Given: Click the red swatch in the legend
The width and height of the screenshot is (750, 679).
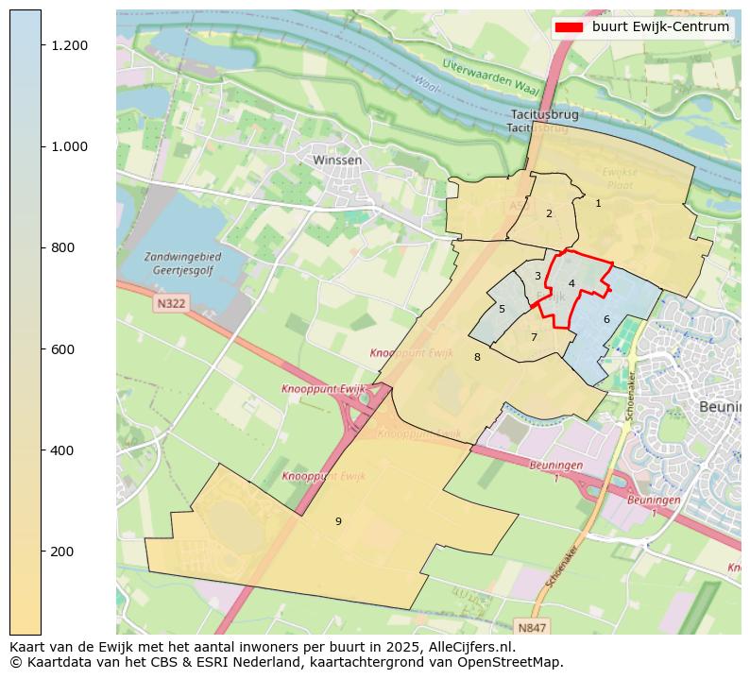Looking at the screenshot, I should (570, 27).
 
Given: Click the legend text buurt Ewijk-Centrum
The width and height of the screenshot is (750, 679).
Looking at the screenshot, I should (660, 27).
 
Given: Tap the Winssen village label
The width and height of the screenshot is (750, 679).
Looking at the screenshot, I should (337, 161).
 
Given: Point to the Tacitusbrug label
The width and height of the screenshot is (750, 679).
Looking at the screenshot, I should (542, 115).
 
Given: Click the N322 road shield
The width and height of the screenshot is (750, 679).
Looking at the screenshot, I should (171, 304).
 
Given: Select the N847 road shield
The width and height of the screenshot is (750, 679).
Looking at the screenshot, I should (533, 627).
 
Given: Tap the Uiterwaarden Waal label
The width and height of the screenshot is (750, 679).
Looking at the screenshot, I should (490, 76).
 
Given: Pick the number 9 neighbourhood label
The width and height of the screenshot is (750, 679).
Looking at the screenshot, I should (338, 521).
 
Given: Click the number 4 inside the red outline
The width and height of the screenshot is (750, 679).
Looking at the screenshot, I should (571, 283).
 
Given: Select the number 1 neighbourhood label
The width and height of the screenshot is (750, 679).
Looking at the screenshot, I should (598, 203).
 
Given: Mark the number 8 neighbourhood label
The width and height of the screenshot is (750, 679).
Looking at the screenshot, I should (477, 357).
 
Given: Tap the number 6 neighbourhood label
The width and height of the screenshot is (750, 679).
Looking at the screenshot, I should (606, 319).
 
